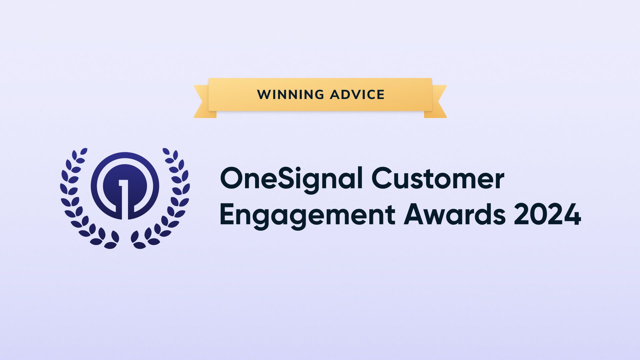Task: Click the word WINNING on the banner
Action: click(290, 95)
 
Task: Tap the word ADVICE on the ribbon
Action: click(357, 95)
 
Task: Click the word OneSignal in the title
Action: click(291, 179)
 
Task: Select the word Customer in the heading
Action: click(438, 179)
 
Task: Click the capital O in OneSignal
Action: click(233, 179)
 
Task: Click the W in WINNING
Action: click(264, 95)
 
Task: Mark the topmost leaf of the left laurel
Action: click(84, 151)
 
